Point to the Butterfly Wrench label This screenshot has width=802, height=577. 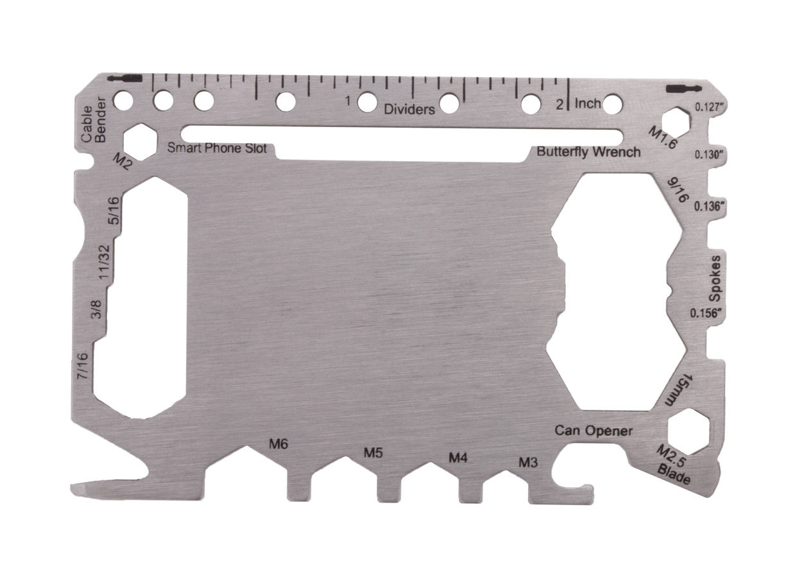pos(588,152)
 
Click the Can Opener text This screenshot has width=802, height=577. pos(593,431)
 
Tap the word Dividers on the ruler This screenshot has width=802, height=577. pos(409,109)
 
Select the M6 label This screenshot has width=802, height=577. pos(278,444)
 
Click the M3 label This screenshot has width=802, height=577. pos(528,461)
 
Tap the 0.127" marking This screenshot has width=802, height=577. pos(711,107)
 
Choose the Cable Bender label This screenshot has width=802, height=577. pos(93,119)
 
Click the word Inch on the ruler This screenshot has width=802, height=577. pos(588,103)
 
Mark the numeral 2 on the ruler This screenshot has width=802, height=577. pos(559,104)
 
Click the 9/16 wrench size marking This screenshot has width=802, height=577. pos(678,190)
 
